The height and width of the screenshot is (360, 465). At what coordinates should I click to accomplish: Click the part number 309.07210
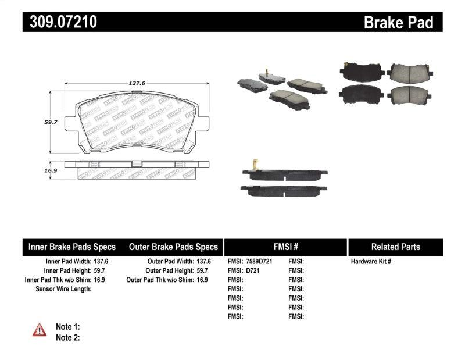[60, 22]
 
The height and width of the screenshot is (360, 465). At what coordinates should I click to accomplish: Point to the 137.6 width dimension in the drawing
[137, 83]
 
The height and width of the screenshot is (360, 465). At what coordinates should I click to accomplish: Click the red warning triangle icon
[40, 330]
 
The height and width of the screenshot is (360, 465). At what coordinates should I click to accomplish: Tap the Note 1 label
[67, 327]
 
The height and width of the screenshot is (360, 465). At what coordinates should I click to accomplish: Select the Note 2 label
[67, 337]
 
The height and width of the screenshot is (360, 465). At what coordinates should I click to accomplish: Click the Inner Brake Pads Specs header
[72, 247]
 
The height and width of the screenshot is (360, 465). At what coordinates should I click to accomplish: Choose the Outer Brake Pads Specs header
[173, 247]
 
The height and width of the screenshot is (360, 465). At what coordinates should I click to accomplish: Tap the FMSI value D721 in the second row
[252, 270]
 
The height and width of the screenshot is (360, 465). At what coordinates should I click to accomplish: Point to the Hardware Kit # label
[372, 262]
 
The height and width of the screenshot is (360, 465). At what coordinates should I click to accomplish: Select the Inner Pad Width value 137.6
[102, 262]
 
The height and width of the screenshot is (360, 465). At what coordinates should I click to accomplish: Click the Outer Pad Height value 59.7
[201, 270]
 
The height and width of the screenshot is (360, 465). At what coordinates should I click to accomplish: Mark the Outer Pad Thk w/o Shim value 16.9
[201, 280]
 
